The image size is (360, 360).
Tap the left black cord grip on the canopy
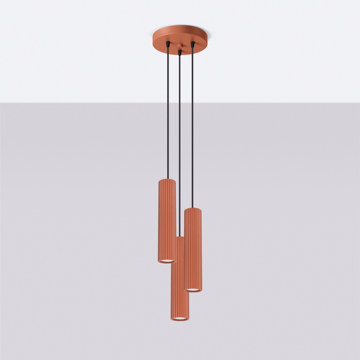point(167,44)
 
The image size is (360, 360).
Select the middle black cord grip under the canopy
point(179,52)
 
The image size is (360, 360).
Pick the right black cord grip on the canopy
point(192,43)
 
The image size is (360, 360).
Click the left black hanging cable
point(167,112)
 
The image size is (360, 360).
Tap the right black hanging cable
point(192,124)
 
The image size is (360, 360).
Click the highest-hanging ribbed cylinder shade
point(167,220)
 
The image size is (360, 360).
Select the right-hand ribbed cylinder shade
point(193,249)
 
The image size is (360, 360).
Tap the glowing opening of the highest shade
point(167,260)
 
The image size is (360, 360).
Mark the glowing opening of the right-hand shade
point(193,289)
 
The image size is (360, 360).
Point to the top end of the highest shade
point(167,180)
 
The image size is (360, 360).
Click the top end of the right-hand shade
point(193,209)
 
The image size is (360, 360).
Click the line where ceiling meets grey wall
point(83,102)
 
